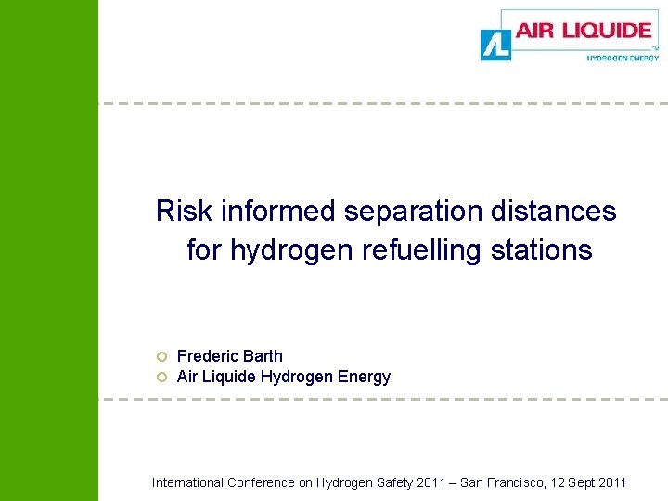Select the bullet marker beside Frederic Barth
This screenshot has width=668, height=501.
[x=160, y=356]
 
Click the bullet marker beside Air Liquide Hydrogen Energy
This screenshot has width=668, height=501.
[x=160, y=378]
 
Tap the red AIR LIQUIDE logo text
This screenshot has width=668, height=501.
[x=584, y=31]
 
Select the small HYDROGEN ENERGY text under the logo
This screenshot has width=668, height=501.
[x=623, y=58]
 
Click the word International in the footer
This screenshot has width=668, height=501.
[x=186, y=482]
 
